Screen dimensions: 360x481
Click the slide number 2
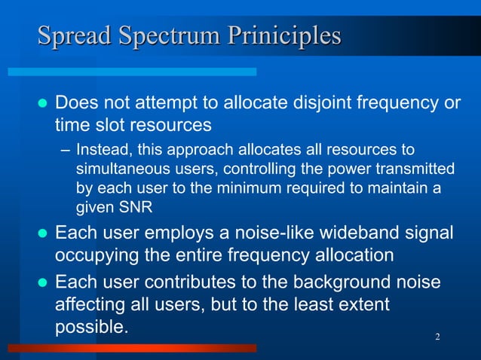coord(438,334)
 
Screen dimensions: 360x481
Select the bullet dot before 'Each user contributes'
coord(42,283)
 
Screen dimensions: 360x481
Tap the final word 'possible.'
coord(91,328)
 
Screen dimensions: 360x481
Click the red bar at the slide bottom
coord(132,348)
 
